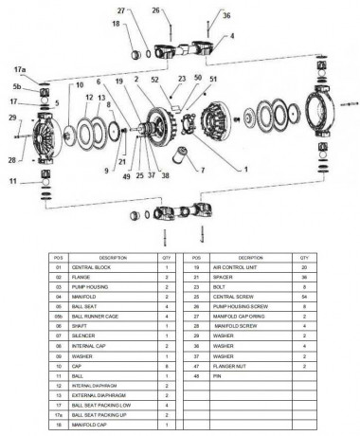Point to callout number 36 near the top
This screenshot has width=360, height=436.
(225, 15)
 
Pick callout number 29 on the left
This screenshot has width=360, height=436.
(12, 117)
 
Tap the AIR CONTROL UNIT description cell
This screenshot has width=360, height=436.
(235, 267)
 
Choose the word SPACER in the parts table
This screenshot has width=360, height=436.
(224, 277)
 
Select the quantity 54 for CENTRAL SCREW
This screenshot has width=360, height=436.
(304, 297)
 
